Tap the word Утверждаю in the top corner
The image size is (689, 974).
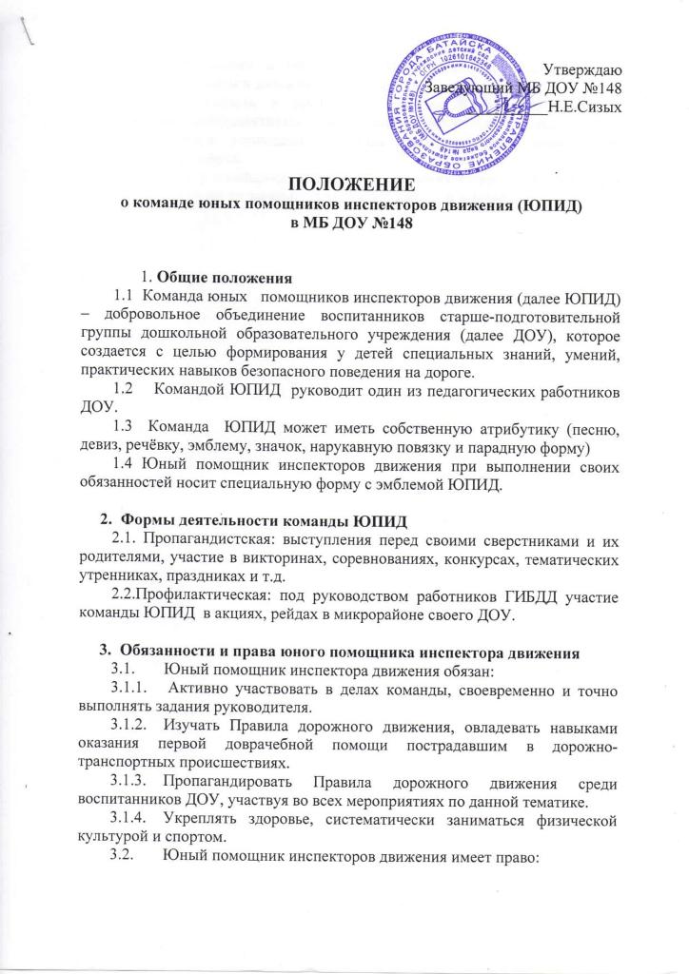(583, 68)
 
